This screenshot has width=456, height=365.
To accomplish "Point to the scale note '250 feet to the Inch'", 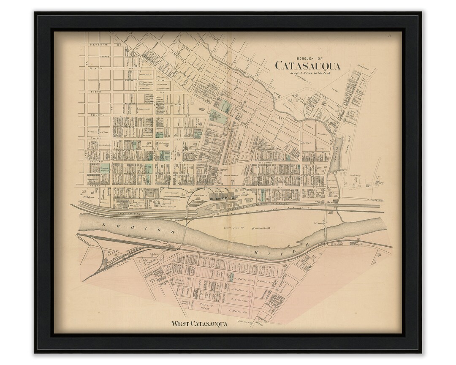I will tap(310, 73).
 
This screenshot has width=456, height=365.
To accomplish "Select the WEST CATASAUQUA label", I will tap(199, 324).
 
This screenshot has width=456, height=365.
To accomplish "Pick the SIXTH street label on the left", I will tap(98, 67).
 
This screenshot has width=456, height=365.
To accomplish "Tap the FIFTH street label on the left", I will tap(98, 90).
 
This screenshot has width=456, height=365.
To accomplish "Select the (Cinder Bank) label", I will tap(263, 228).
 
